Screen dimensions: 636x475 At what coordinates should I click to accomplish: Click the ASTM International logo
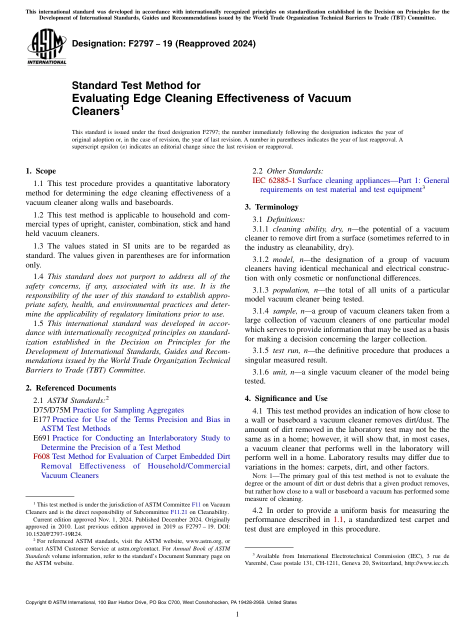tap(46, 46)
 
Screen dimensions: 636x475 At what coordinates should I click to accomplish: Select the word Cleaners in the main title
tap(95, 111)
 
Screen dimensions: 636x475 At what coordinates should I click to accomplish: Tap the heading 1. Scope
tap(40, 171)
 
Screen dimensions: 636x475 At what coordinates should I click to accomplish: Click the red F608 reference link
tap(41, 456)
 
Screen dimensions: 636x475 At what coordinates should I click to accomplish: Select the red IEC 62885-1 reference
tap(274, 180)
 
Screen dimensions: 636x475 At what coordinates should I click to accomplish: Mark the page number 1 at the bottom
tap(237, 614)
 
